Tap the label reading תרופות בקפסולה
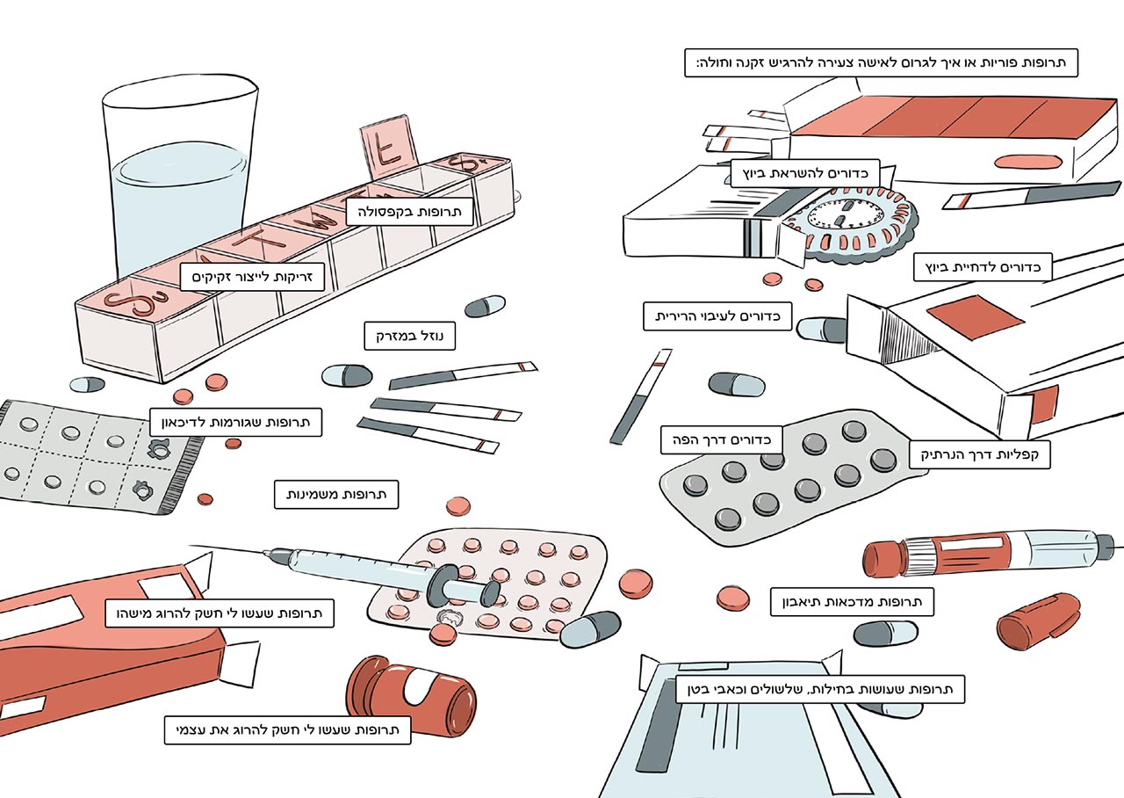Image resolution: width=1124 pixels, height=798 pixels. click(409, 212)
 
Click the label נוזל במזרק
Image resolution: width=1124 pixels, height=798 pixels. click(410, 335)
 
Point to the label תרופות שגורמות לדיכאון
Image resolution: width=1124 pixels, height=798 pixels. click(235, 422)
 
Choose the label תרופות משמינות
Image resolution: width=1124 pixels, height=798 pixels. click(337, 495)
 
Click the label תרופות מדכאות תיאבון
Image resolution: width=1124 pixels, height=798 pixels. click(851, 602)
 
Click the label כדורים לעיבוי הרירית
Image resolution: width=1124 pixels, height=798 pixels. click(717, 316)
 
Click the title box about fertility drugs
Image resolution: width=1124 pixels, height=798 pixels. click(880, 63)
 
